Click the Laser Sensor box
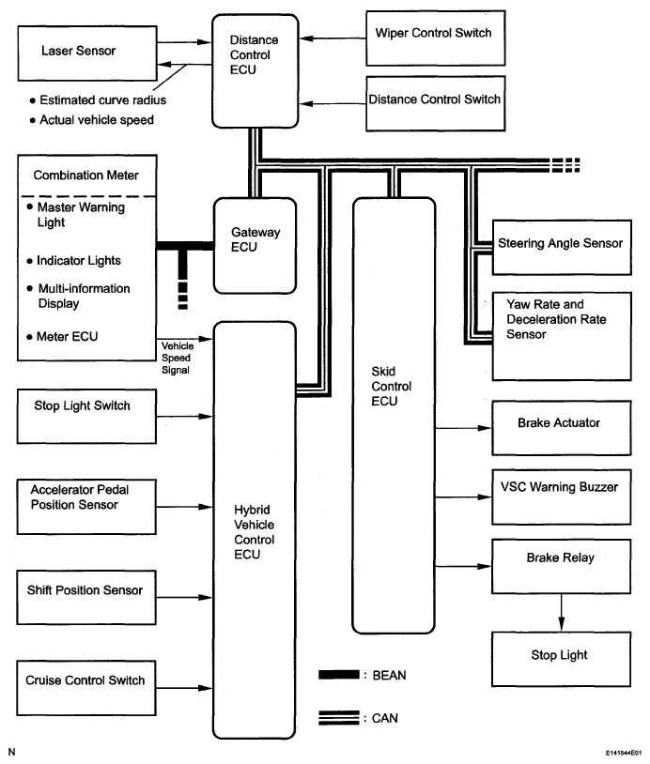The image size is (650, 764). point(81,52)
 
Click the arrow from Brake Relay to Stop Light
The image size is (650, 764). point(562,611)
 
